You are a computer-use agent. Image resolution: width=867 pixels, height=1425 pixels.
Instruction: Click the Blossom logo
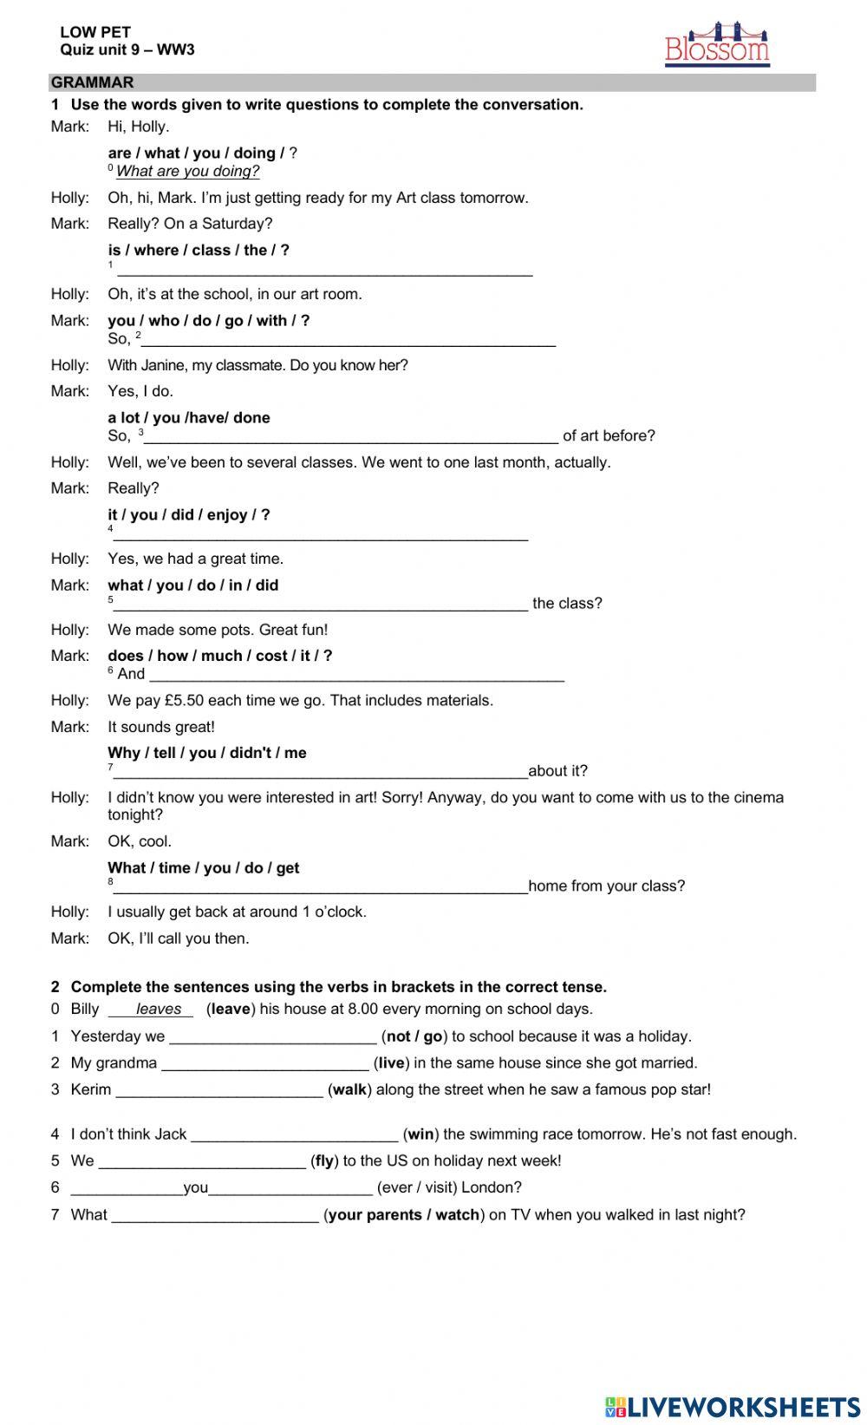(x=717, y=45)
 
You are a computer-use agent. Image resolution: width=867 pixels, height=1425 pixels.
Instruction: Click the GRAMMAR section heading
(x=93, y=82)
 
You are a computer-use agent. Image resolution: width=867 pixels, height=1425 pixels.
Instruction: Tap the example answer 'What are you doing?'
(x=187, y=172)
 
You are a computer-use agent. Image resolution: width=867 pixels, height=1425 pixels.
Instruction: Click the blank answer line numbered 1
(x=324, y=271)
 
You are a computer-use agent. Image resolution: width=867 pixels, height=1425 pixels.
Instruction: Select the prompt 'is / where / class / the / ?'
(x=199, y=250)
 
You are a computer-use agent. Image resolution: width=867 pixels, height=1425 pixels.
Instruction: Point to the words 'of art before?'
(x=609, y=435)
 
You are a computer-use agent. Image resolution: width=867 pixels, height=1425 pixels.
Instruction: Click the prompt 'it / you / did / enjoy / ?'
(x=189, y=514)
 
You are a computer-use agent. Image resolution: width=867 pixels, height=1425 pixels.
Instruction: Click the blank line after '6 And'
(x=356, y=676)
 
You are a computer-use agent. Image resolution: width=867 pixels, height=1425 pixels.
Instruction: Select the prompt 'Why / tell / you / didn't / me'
(x=207, y=753)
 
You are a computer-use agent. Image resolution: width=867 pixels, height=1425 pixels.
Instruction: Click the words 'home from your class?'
(x=606, y=886)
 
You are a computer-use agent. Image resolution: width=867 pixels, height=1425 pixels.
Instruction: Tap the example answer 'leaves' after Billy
(x=159, y=1009)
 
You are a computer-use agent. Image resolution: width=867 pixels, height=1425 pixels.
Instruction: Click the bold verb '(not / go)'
(x=414, y=1036)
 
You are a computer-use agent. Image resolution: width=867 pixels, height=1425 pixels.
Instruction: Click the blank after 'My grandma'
(x=264, y=1064)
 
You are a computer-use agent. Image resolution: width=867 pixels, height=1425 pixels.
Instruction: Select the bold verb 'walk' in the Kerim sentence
(x=349, y=1089)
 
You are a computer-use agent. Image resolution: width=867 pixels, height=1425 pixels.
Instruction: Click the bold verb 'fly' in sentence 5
(x=324, y=1160)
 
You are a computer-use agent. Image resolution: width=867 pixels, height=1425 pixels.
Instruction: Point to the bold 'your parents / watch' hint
(x=404, y=1214)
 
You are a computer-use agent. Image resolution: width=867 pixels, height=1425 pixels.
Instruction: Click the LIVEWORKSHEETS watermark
(x=733, y=1406)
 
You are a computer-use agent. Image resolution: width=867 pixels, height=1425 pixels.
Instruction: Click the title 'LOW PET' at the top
(x=95, y=32)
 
